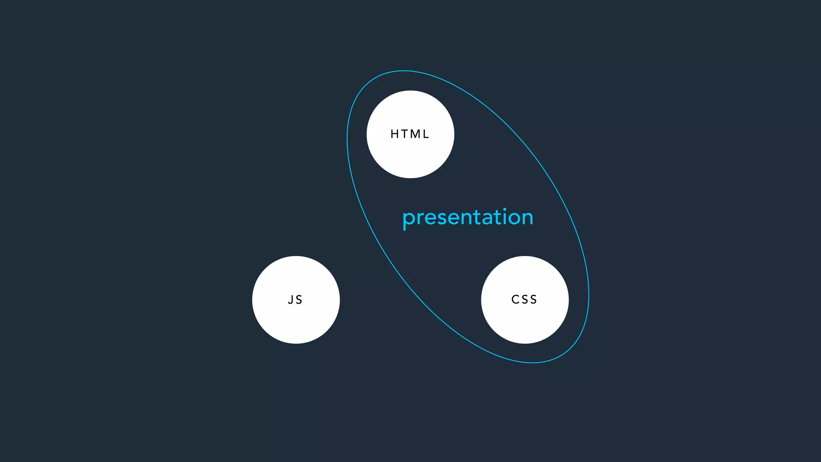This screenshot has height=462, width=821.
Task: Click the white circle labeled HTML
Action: click(410, 156)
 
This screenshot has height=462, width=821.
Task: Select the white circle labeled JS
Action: click(296, 321)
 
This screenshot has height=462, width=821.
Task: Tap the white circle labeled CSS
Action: click(525, 321)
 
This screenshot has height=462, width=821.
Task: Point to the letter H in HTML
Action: click(395, 134)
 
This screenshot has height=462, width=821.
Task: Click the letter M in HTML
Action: click(415, 134)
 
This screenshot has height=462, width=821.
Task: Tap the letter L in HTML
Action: click(426, 134)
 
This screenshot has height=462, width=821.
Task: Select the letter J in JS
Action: click(290, 300)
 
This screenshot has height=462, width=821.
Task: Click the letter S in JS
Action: click(299, 300)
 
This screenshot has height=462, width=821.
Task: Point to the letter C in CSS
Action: click(515, 299)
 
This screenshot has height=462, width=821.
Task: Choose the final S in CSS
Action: click(533, 299)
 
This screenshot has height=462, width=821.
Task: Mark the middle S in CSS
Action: click(524, 299)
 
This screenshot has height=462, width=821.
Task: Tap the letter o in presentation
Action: click(514, 219)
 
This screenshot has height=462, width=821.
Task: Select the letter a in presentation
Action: click(487, 219)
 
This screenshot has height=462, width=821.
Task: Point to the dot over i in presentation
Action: click(505, 209)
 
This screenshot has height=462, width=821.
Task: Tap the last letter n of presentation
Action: click(528, 219)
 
